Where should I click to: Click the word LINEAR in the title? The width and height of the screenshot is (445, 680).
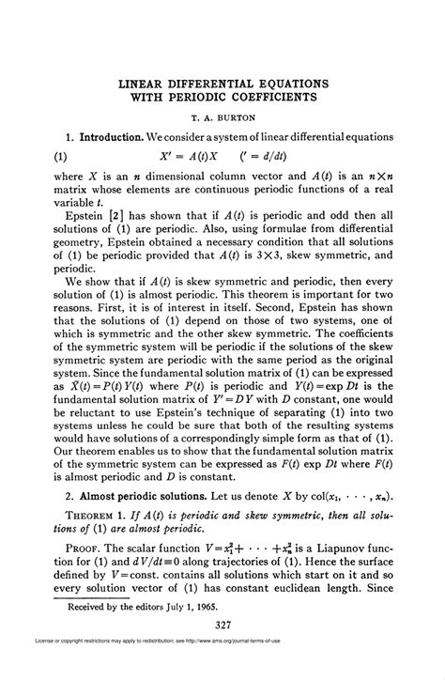click(146, 83)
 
